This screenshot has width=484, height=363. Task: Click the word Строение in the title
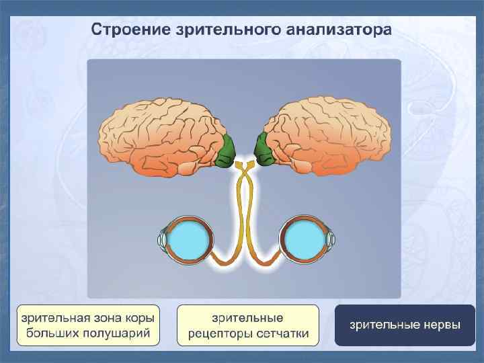[x=127, y=31]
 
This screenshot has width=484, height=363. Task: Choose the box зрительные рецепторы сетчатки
[x=247, y=325]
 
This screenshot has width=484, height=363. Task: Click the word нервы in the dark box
[x=440, y=325]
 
